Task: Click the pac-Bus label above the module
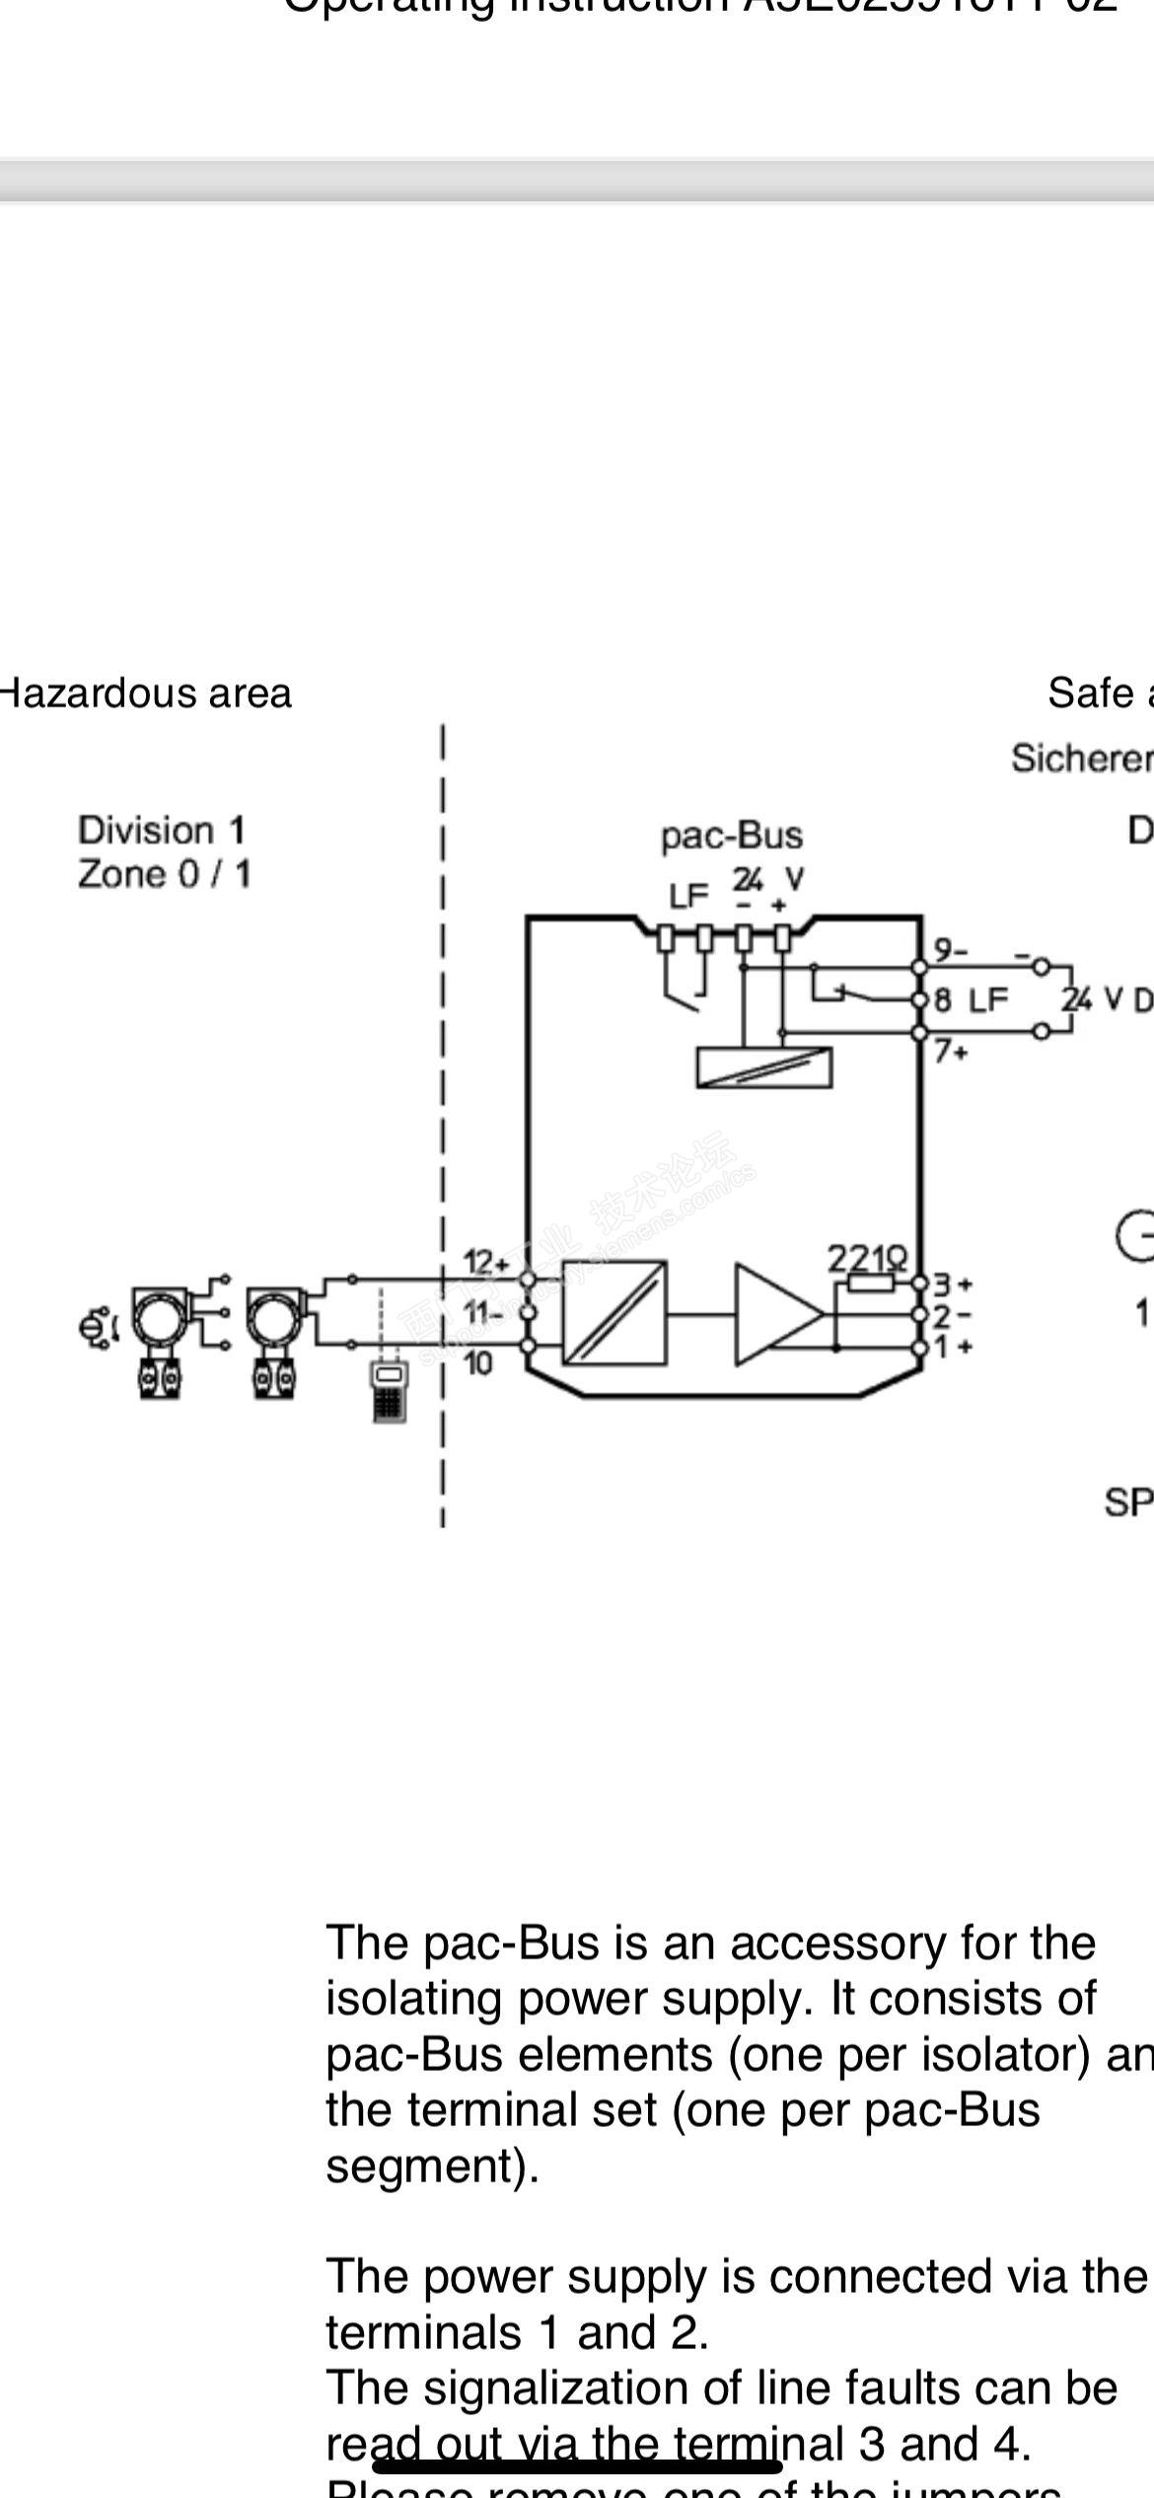[731, 836]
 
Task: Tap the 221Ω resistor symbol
[871, 1282]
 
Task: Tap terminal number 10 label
[477, 1363]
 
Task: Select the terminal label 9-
[951, 950]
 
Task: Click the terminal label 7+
[951, 1052]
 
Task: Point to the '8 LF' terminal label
[971, 1000]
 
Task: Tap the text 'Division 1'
[161, 830]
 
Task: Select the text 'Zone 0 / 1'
[164, 874]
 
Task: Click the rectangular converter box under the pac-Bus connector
[763, 1067]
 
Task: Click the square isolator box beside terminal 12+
[613, 1313]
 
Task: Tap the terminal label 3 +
[953, 1284]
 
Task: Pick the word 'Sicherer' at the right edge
[1081, 758]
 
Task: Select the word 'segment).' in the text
[432, 2167]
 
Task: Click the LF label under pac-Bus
[688, 896]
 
